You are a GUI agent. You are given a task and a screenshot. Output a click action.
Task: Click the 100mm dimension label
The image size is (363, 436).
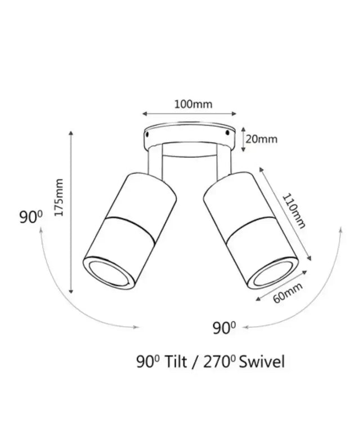click(x=193, y=104)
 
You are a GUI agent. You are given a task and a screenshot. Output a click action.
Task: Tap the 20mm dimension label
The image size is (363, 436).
click(x=261, y=139)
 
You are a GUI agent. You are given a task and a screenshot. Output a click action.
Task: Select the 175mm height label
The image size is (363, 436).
click(x=59, y=197)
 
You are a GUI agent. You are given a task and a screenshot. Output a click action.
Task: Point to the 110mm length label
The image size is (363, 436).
click(x=294, y=211)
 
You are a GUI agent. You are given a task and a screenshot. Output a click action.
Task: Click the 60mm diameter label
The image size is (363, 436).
click(x=288, y=293)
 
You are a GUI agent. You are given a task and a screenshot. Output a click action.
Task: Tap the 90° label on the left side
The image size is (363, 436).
click(x=31, y=217)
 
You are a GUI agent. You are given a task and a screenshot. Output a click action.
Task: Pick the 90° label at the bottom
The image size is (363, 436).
click(x=224, y=328)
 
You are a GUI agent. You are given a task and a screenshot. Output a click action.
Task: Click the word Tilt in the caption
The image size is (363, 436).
click(x=176, y=362)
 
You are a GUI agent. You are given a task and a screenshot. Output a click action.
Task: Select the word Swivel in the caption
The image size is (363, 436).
click(x=262, y=362)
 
